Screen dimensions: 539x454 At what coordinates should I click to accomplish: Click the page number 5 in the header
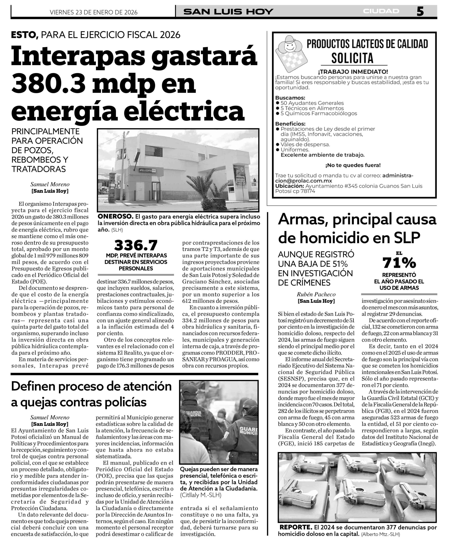[x=420, y=11]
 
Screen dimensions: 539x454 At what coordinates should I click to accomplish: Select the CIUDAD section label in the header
[x=381, y=11]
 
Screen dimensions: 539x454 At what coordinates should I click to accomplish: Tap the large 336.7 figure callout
[x=136, y=245]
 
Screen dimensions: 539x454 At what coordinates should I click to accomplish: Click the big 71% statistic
[x=399, y=263]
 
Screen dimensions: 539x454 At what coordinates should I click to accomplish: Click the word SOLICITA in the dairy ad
[x=352, y=58]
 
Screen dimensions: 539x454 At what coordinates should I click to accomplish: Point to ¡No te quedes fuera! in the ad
[x=353, y=165]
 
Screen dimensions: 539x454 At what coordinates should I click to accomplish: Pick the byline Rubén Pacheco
[x=316, y=294]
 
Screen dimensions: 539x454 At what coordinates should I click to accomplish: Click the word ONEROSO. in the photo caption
[x=115, y=216]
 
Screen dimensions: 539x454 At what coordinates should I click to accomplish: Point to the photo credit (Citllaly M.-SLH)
[x=201, y=495]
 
